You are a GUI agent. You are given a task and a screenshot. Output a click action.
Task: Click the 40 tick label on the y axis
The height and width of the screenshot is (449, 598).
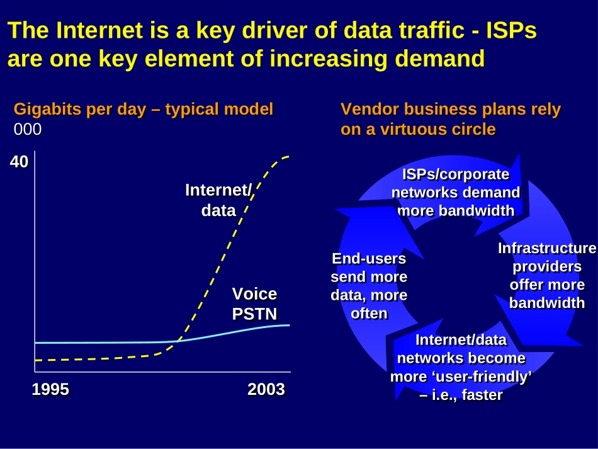click(x=19, y=162)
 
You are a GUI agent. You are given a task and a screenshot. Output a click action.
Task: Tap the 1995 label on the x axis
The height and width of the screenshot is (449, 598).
click(x=50, y=389)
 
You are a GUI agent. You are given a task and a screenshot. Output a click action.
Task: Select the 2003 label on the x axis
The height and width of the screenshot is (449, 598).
click(x=266, y=389)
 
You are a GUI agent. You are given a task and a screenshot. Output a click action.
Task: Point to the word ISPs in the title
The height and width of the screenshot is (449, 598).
click(x=511, y=30)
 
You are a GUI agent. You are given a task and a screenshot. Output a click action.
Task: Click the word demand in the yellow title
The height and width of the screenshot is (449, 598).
click(x=440, y=59)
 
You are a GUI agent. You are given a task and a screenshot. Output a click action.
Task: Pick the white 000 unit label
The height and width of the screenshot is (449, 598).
click(x=28, y=129)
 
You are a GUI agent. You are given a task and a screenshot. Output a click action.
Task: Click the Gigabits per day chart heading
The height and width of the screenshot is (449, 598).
click(x=144, y=109)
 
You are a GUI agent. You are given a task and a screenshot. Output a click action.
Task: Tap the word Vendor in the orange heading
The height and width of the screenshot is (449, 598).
click(x=370, y=109)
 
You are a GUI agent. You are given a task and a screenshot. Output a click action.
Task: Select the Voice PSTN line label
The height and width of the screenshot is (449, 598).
click(x=255, y=304)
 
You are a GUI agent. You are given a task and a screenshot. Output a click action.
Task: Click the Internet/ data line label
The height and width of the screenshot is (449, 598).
click(x=219, y=200)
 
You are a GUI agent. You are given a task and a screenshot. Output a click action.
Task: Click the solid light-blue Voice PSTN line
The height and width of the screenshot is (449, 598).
click(x=162, y=341)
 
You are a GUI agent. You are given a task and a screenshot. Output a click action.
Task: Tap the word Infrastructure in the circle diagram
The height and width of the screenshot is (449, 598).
click(x=547, y=248)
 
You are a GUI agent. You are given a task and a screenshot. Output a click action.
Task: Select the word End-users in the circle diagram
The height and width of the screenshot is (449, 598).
click(x=369, y=259)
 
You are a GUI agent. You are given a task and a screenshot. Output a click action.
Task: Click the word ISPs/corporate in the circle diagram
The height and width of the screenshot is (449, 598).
click(x=456, y=174)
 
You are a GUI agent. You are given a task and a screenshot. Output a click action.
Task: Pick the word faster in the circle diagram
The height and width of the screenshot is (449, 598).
click(x=482, y=395)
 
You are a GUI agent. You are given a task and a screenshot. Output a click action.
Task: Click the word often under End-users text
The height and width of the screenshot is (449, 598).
click(x=369, y=314)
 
